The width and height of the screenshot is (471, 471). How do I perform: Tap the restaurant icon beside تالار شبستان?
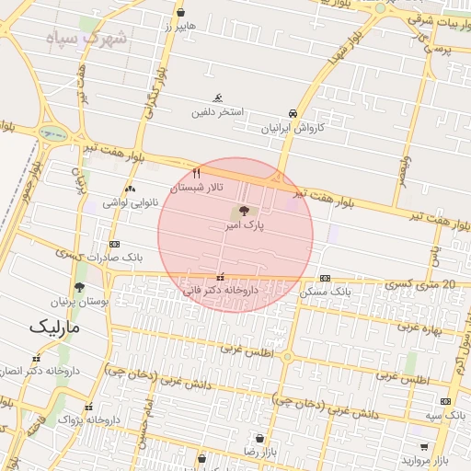[197, 173]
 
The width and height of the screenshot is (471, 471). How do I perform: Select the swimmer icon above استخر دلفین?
[218, 98]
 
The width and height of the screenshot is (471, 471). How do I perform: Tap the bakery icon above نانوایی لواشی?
[130, 189]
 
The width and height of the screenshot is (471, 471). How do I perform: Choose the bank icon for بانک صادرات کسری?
[114, 244]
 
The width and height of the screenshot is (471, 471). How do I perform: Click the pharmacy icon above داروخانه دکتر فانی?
[220, 276]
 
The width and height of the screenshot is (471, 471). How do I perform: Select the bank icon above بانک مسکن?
[325, 278]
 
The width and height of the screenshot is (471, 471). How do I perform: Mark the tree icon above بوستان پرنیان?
[79, 287]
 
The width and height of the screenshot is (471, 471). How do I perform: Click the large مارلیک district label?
[54, 327]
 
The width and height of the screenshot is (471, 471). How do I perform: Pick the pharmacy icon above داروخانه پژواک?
[88, 407]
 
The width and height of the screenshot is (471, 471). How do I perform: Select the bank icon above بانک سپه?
[446, 401]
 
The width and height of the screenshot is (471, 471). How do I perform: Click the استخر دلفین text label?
[217, 112]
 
